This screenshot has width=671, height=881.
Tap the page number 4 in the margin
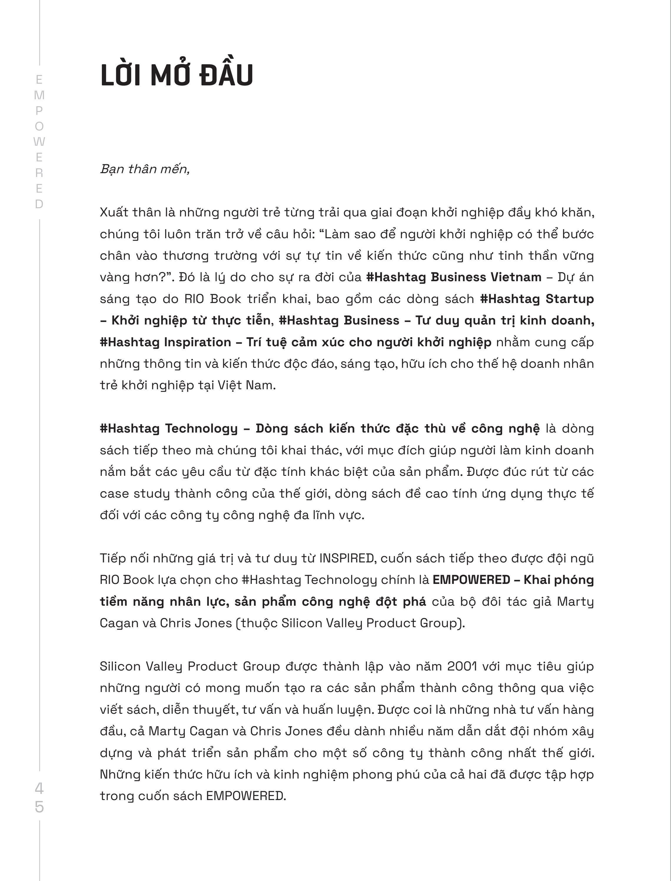coord(39,788)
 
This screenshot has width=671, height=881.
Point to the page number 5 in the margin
coord(39,807)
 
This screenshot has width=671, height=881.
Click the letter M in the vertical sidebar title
coord(39,95)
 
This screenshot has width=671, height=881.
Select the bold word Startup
coord(569,299)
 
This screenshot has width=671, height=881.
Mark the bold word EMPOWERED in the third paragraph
coord(471,580)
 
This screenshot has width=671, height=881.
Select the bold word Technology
coord(201,428)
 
